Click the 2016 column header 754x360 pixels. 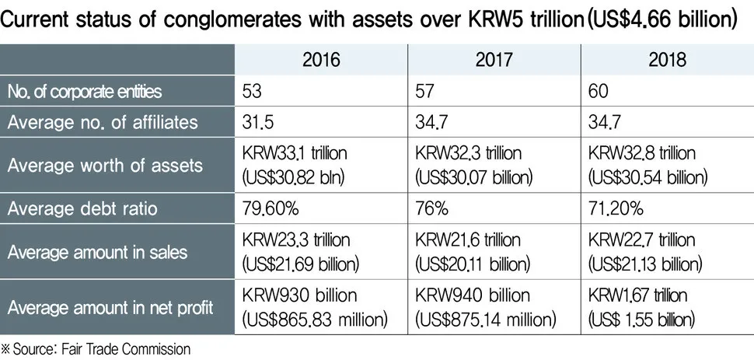[x=322, y=60]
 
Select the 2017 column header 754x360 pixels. [x=495, y=60]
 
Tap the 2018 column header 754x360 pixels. [x=668, y=60]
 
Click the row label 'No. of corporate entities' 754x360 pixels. [x=85, y=91]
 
